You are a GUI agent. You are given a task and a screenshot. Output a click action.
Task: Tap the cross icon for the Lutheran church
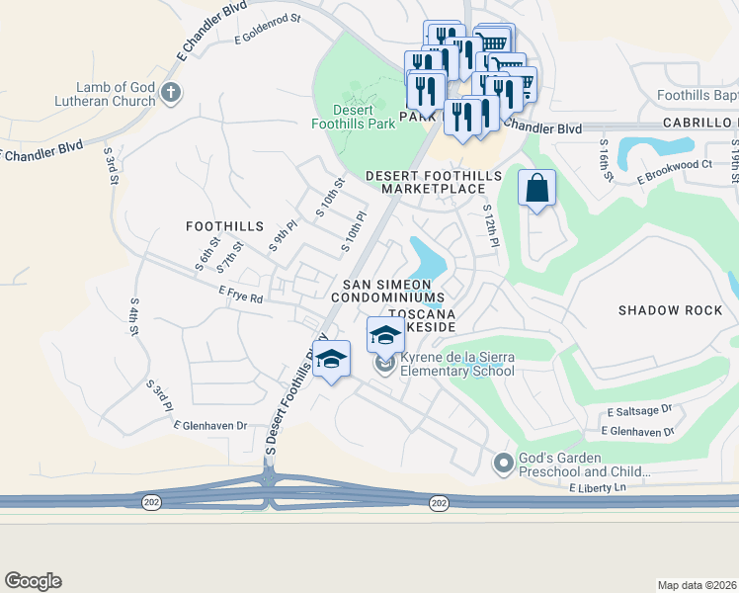[171, 94]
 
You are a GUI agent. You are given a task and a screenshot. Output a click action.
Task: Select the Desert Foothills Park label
[353, 116]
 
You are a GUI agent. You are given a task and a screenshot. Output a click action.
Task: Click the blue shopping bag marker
[536, 188]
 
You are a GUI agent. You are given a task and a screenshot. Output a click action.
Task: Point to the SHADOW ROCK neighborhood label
[670, 310]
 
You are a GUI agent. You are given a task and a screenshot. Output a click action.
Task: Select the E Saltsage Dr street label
[638, 409]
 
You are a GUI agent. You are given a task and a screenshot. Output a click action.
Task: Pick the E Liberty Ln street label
[598, 488]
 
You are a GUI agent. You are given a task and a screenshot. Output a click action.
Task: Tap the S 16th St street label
[606, 155]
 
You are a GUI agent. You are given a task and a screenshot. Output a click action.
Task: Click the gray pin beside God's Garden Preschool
[504, 463]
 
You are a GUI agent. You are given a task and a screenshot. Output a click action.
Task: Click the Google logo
[33, 581]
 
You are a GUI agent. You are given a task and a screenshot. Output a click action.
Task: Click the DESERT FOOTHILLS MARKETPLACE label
[434, 182]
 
